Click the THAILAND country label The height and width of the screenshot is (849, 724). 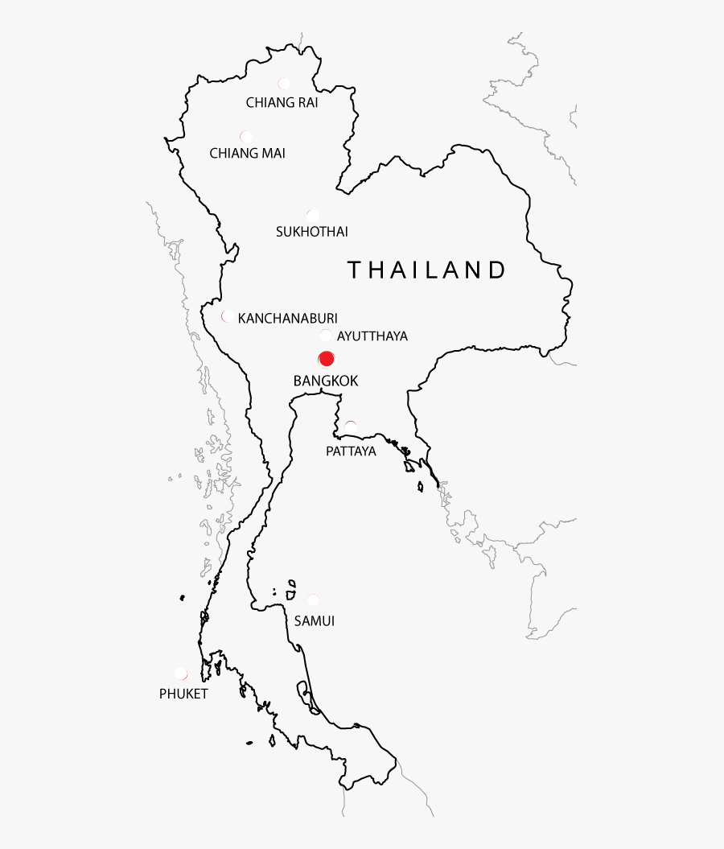pyautogui.click(x=426, y=270)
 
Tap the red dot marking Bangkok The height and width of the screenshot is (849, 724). pyautogui.click(x=326, y=359)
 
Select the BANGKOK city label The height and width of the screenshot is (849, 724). pyautogui.click(x=325, y=381)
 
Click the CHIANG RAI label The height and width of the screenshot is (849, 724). pyautogui.click(x=282, y=102)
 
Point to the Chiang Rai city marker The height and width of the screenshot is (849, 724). pyautogui.click(x=284, y=83)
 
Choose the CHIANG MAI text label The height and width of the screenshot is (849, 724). pyautogui.click(x=247, y=153)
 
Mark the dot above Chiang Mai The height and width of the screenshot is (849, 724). pyautogui.click(x=246, y=136)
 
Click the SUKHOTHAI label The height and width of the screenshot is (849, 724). pyautogui.click(x=311, y=232)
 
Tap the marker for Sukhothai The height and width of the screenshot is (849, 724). pyautogui.click(x=312, y=215)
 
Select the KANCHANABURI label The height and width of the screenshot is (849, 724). pyautogui.click(x=287, y=318)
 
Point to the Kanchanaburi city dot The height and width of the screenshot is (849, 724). pyautogui.click(x=228, y=316)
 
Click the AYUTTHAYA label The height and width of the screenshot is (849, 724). pyautogui.click(x=372, y=336)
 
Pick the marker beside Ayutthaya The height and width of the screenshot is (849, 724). pyautogui.click(x=326, y=336)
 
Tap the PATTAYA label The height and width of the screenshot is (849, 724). pyautogui.click(x=351, y=451)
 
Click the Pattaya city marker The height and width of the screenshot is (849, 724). pyautogui.click(x=350, y=426)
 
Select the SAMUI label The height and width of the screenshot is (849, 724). pyautogui.click(x=314, y=621)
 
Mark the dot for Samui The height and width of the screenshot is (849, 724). pyautogui.click(x=313, y=600)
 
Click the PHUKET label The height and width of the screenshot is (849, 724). pyautogui.click(x=183, y=694)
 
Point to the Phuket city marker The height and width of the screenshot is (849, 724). pyautogui.click(x=181, y=673)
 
